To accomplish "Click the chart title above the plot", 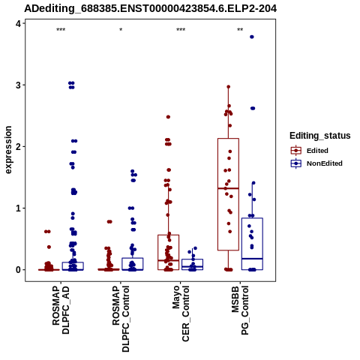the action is pos(151,8).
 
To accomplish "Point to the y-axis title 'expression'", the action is pos(8,150).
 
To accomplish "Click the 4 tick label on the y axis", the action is pos(19,23).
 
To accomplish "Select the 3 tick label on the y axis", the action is pos(19,85).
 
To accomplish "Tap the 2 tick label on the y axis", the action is pos(19,146).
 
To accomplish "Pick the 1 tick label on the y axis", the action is pos(19,208).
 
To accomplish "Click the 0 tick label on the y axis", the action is pos(19,270).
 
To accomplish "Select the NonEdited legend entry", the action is pos(316,163).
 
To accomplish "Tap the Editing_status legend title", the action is pos(320,136).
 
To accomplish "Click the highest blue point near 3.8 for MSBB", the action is pos(252,37).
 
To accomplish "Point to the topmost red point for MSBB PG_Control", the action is pos(228,87).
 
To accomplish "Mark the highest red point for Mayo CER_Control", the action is pos(168,117).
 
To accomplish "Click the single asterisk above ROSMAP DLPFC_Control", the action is pos(121,30).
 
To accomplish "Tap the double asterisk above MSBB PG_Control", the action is pos(240,30).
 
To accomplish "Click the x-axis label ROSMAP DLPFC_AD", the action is pos(61,310).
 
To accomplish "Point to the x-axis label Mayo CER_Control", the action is pos(181,313).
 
